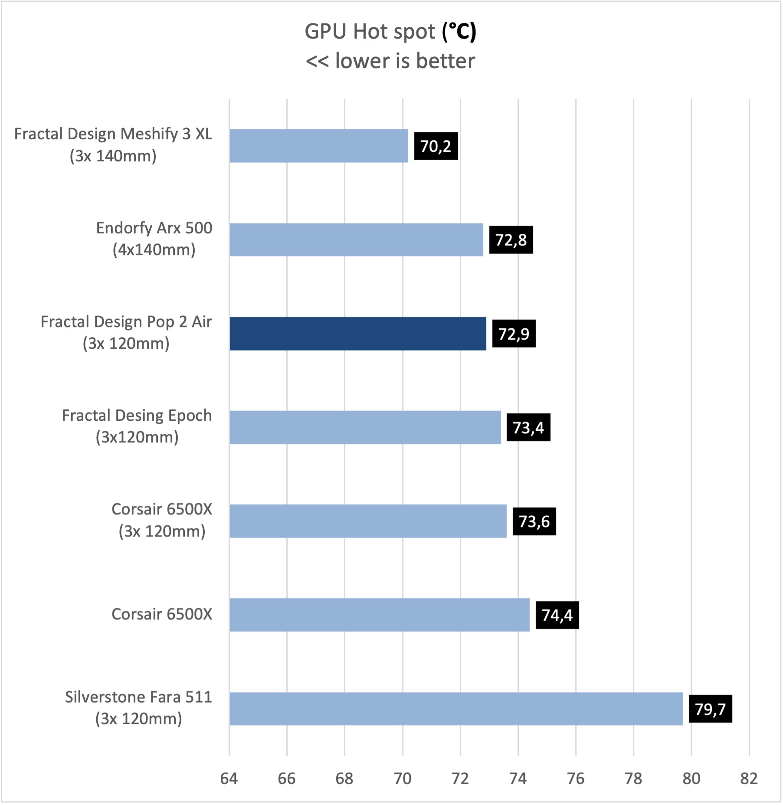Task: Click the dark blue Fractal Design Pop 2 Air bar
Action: click(358, 334)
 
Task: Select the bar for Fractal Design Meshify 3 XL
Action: click(319, 146)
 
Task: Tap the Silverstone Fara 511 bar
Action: click(455, 709)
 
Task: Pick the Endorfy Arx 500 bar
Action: click(356, 240)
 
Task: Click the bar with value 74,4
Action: click(380, 615)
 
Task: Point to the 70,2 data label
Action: click(436, 146)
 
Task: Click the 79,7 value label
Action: click(710, 709)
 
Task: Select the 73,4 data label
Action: click(528, 428)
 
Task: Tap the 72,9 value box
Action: click(514, 334)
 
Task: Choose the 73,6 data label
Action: click(534, 521)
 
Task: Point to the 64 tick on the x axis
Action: click(229, 779)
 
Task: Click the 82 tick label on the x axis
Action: click(749, 779)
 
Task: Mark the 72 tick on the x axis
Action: click(460, 779)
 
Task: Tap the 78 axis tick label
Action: click(633, 779)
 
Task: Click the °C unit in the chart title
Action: click(459, 32)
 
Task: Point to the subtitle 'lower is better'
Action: click(405, 61)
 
